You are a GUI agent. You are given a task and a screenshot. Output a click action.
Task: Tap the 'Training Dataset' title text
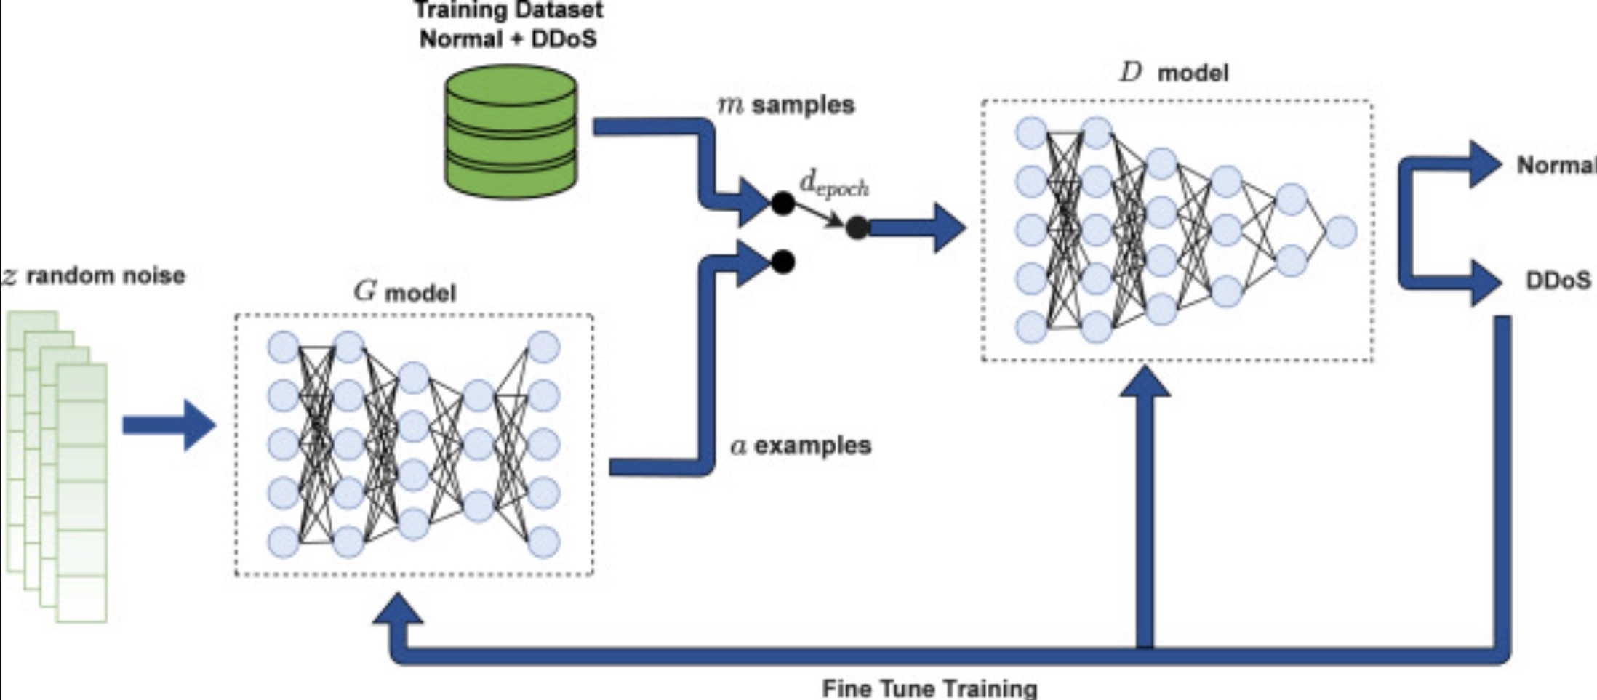pos(508,11)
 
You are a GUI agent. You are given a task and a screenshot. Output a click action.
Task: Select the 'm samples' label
pos(786,105)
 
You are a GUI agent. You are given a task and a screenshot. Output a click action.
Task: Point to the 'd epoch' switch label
pos(833,185)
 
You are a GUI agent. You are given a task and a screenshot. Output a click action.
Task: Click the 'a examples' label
pos(801,446)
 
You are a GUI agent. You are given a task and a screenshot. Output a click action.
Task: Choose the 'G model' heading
pos(405,292)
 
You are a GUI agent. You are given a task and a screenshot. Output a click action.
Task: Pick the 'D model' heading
pos(1174,73)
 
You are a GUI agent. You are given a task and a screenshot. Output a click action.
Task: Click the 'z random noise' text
pos(94,276)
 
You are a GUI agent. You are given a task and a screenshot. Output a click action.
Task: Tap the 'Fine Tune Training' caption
pos(929,688)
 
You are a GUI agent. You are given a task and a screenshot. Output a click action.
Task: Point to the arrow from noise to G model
pos(169,425)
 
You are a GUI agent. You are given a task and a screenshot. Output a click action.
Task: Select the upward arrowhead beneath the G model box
pos(398,611)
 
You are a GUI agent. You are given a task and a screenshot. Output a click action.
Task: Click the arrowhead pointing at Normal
pos(1484,164)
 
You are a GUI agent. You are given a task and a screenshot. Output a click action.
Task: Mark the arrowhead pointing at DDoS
pos(1484,281)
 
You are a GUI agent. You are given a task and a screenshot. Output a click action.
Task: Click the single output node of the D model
pos(1340,232)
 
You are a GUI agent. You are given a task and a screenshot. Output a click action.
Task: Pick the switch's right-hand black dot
pos(857,228)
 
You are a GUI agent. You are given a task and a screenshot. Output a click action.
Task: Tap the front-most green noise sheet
pos(81,494)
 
